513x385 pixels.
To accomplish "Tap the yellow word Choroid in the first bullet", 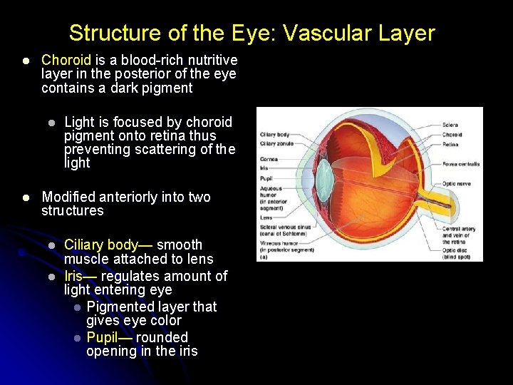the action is pyautogui.click(x=66, y=61).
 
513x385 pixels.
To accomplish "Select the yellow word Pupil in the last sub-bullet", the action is pyautogui.click(x=102, y=337).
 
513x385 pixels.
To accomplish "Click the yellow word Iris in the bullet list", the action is pyautogui.click(x=73, y=276).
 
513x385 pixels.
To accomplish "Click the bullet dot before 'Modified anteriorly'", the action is pyautogui.click(x=25, y=197).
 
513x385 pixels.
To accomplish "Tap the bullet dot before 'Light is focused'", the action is pyautogui.click(x=51, y=123).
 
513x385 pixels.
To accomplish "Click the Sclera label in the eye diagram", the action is pyautogui.click(x=450, y=125).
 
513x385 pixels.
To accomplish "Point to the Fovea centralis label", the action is pyautogui.click(x=460, y=163).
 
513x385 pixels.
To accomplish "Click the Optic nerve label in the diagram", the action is pyautogui.click(x=456, y=184).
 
